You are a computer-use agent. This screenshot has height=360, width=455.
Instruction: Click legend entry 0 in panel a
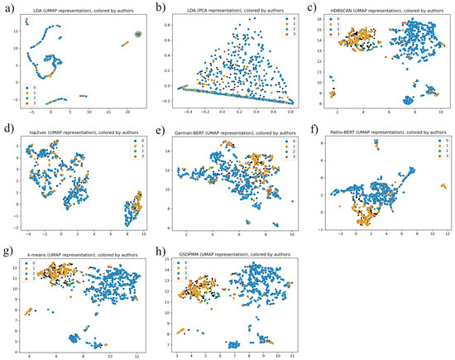(30, 86)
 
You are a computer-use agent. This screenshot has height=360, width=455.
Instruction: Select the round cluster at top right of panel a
(137, 34)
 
